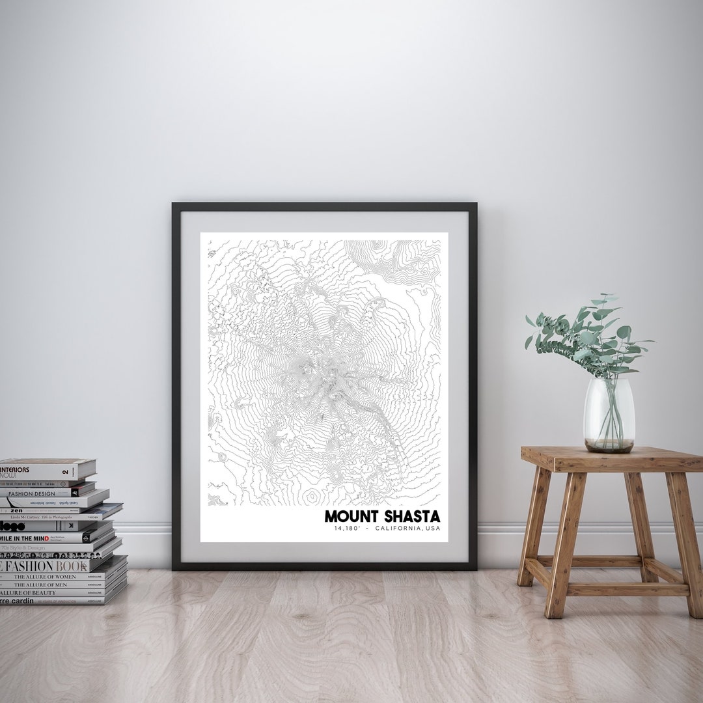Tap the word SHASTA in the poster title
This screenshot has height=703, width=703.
(x=411, y=516)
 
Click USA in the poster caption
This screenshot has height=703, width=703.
(x=432, y=529)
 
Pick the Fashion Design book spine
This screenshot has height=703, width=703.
(x=39, y=493)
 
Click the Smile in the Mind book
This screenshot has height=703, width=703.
(x=39, y=538)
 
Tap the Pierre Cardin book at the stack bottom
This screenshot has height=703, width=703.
(x=39, y=600)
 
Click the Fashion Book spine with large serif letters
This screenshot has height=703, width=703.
(x=46, y=566)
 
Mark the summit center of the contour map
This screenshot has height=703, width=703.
(x=325, y=374)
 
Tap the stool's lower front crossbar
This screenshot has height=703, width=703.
(x=625, y=589)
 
